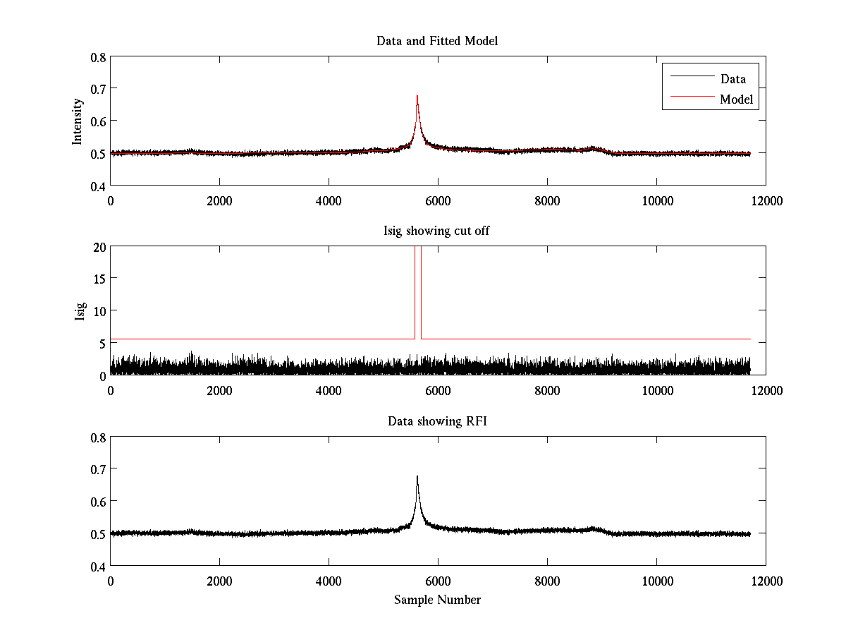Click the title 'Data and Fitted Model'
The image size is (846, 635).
[x=437, y=41]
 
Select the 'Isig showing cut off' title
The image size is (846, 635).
[x=437, y=231]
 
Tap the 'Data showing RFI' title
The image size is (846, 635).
[x=437, y=421]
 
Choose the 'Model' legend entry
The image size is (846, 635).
[x=736, y=99]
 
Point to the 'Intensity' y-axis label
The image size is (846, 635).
[x=78, y=121]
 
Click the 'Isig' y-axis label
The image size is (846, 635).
[x=80, y=311]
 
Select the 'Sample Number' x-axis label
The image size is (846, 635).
[x=437, y=600]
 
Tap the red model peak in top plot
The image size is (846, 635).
[x=417, y=97]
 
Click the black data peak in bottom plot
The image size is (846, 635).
[x=417, y=478]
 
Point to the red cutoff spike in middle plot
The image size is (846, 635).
[x=418, y=282]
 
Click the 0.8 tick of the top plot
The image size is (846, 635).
[x=98, y=56]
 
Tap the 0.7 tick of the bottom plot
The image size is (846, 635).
[x=98, y=469]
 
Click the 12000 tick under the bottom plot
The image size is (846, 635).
[x=766, y=581]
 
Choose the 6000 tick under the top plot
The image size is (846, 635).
[x=438, y=200]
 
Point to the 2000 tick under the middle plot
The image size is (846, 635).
[x=219, y=390]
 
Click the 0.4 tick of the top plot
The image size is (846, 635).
[x=98, y=186]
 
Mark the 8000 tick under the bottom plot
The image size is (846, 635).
[x=547, y=581]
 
